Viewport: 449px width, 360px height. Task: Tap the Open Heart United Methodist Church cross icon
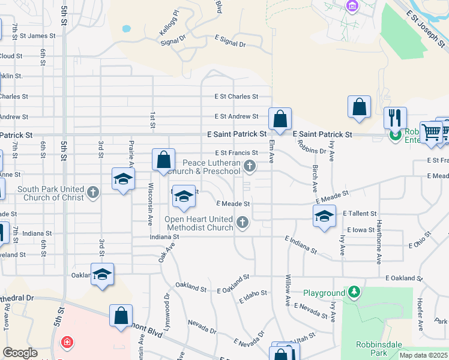[x=243, y=223]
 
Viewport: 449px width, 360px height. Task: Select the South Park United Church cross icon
[x=92, y=193]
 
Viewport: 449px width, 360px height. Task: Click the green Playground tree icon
[x=355, y=292]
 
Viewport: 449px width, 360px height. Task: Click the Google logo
[x=20, y=352]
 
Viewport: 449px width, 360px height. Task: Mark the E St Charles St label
[x=237, y=96]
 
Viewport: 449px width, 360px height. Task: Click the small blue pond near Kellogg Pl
[x=126, y=28]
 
